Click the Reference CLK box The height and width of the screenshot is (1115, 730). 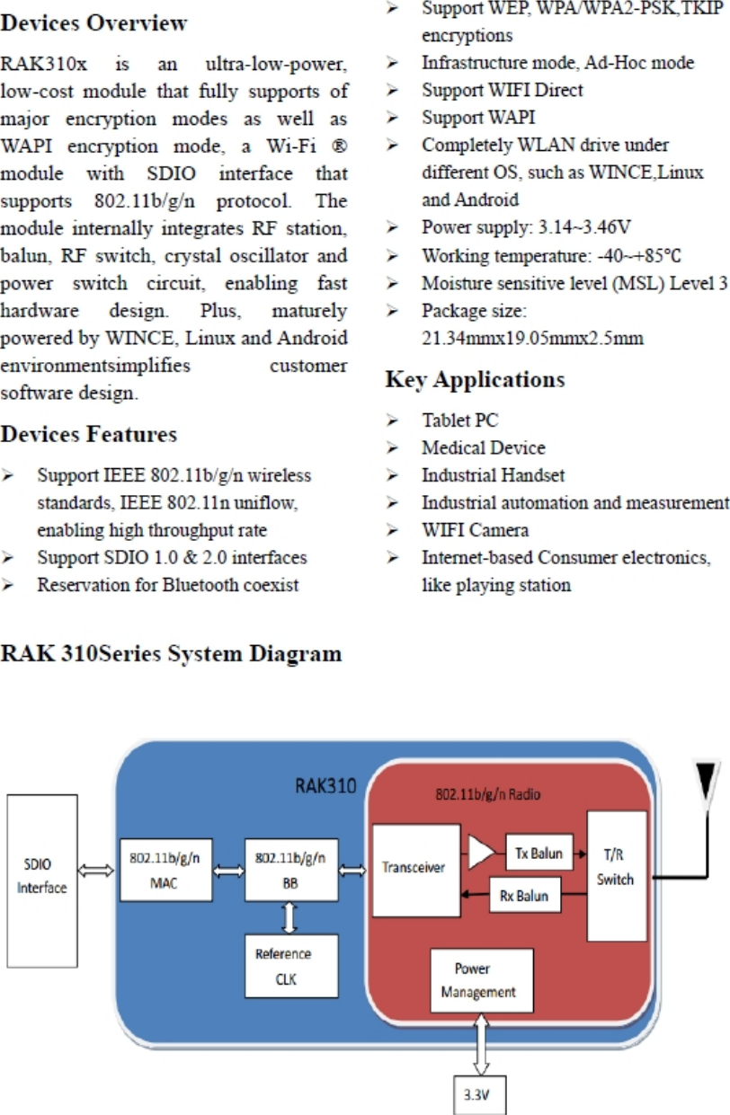pyautogui.click(x=290, y=966)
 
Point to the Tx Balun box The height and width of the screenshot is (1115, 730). pyautogui.click(x=539, y=853)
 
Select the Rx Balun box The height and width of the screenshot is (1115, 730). pyautogui.click(x=524, y=896)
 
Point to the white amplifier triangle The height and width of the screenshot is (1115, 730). pyautogui.click(x=480, y=853)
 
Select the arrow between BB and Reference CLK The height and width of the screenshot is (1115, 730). pyautogui.click(x=290, y=917)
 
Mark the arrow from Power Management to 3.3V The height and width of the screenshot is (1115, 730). pyautogui.click(x=481, y=1044)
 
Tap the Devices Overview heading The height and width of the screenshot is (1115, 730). pyautogui.click(x=94, y=23)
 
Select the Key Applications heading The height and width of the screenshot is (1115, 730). pyautogui.click(x=475, y=380)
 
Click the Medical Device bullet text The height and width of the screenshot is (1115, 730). pyautogui.click(x=483, y=447)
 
